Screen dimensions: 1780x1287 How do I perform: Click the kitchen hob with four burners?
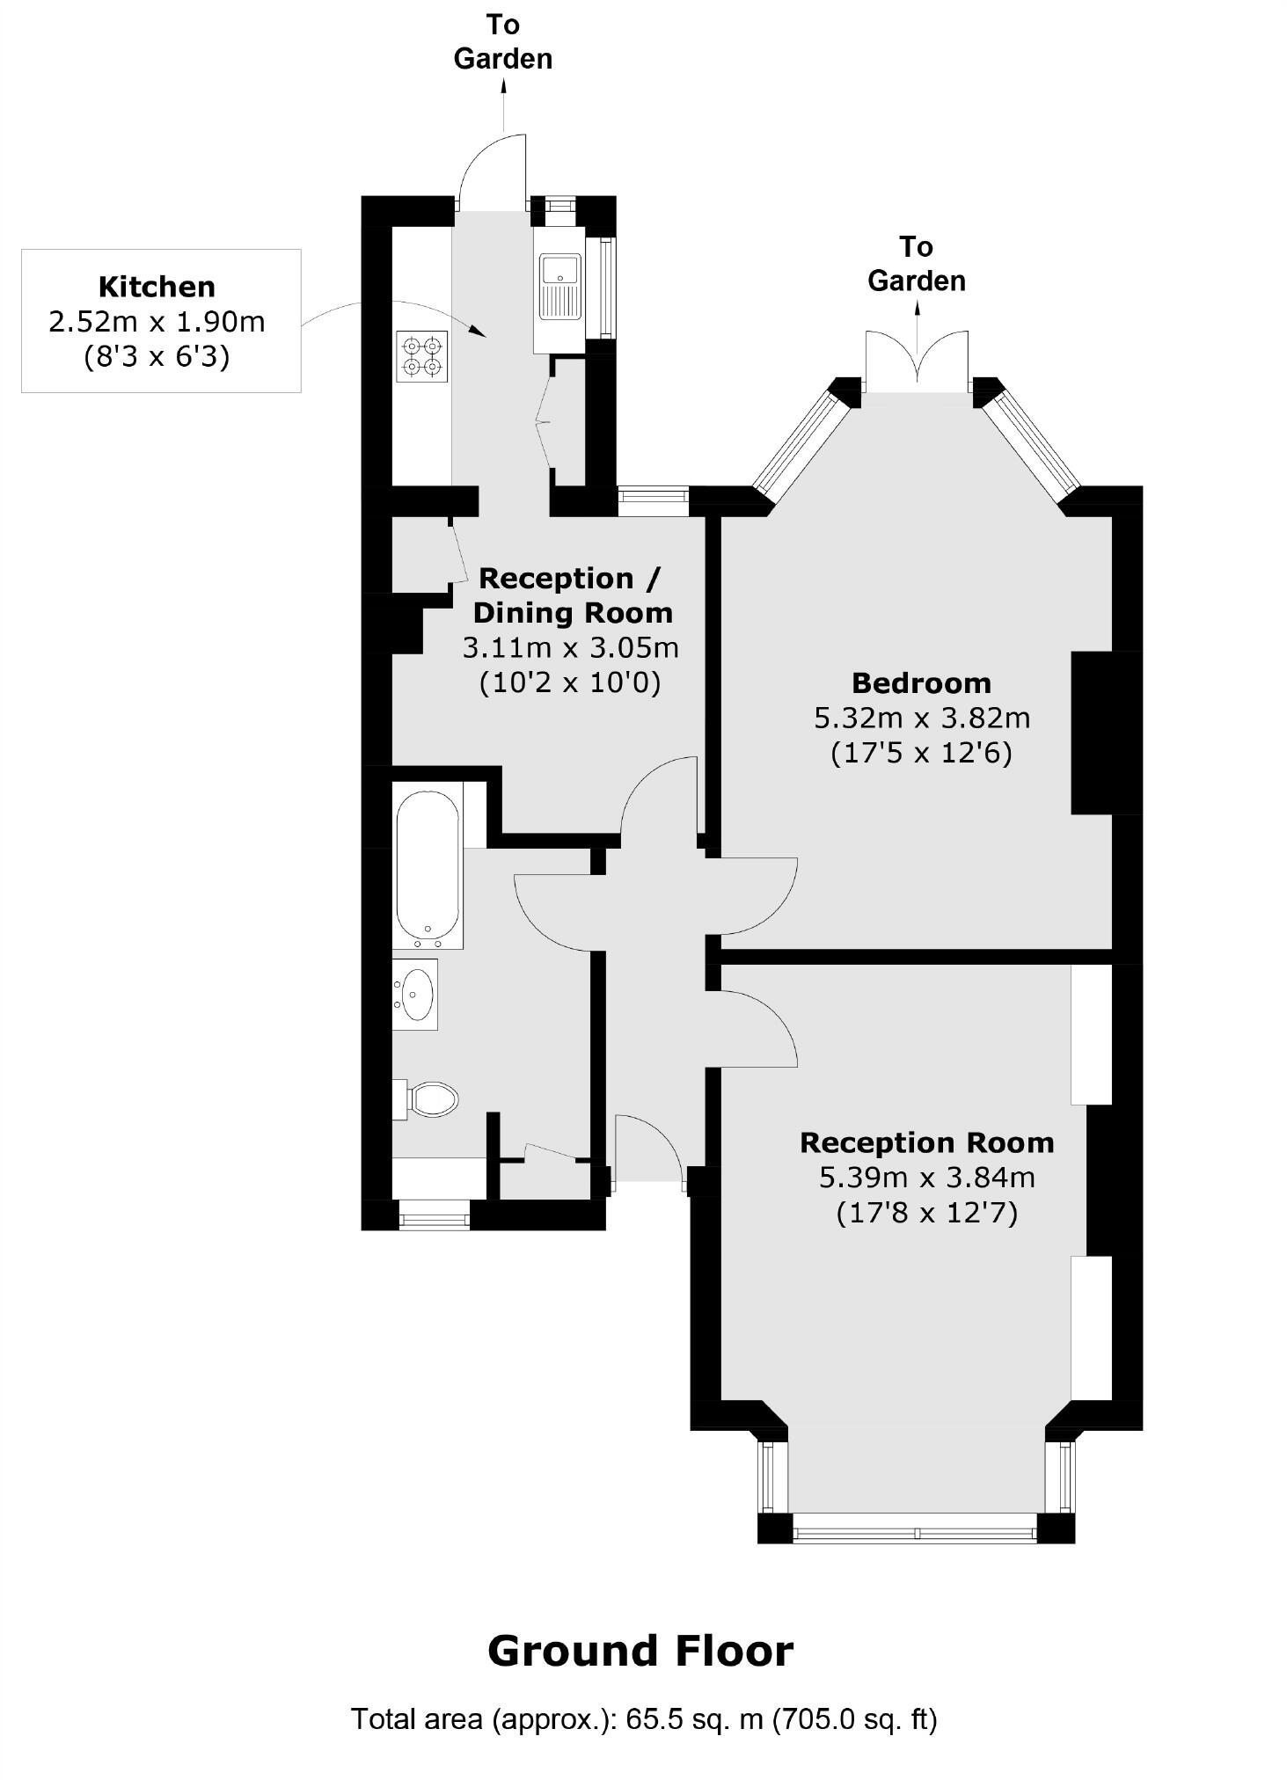(421, 356)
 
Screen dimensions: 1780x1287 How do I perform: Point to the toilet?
(430, 1098)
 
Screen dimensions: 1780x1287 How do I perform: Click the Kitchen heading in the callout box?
(157, 287)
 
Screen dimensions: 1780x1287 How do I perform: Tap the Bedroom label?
(921, 682)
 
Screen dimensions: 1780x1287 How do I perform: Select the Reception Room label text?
(926, 1142)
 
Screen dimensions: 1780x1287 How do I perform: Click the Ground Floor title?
(640, 1652)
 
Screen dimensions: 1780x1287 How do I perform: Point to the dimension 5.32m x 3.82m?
(921, 718)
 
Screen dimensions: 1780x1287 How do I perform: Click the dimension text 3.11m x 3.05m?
(570, 647)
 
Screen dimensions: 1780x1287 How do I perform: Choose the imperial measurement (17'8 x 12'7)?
(926, 1213)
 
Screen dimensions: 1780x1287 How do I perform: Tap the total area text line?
(644, 1718)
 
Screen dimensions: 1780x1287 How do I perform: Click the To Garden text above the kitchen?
(503, 41)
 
